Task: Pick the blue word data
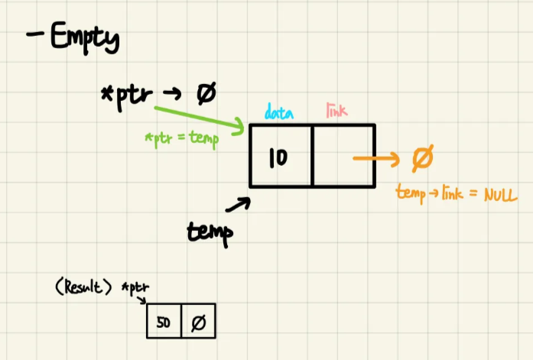279,113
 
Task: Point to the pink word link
337,112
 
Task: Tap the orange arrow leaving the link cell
377,159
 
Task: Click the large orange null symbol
422,159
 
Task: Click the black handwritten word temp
209,232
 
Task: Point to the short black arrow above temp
239,204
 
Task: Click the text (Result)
83,288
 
